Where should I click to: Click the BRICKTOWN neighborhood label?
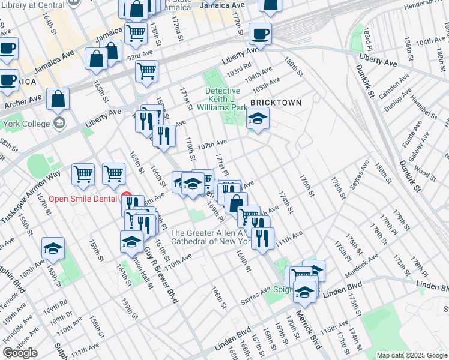(276, 103)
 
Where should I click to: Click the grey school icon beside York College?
(59, 123)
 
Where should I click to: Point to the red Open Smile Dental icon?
(126, 196)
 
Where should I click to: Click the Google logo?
(20, 353)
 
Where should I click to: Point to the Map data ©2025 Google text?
(412, 355)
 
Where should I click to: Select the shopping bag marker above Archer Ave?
(58, 100)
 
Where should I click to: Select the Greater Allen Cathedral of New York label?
(210, 237)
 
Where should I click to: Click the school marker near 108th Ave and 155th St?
(53, 248)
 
